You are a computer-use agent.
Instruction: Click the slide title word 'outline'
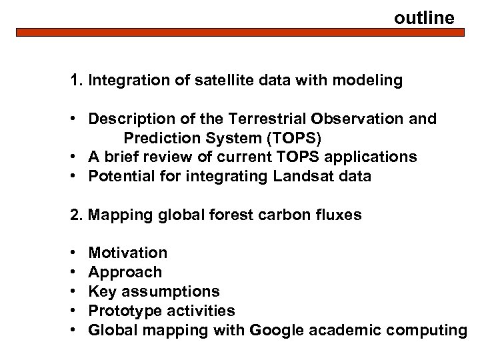tap(424, 17)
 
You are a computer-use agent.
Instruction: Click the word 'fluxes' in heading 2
tap(339, 215)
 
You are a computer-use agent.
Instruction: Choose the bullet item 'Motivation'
tap(128, 253)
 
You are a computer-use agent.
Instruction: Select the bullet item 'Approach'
tap(125, 272)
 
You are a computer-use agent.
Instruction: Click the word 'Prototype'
tap(121, 311)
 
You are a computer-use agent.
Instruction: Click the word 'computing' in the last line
tap(430, 330)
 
